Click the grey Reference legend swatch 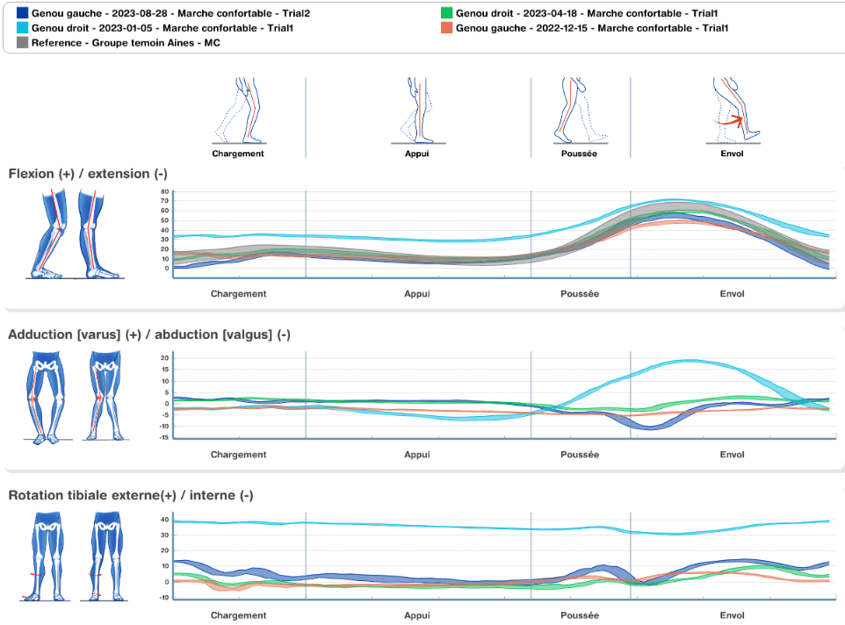[22, 42]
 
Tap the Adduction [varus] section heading [149, 334]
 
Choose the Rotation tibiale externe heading [131, 495]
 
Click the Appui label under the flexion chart [417, 294]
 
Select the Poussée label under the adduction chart [579, 455]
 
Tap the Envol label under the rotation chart [732, 615]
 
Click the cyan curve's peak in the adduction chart [692, 361]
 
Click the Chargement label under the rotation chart [238, 615]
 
